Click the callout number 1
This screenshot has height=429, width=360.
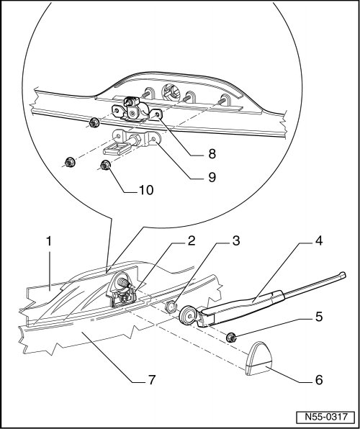(x=49, y=242)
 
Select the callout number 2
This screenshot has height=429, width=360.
(x=191, y=241)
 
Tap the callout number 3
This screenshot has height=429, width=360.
(x=236, y=241)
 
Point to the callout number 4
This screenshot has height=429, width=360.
(x=319, y=241)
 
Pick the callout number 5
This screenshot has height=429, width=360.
(x=319, y=317)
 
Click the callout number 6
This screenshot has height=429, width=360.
(x=319, y=380)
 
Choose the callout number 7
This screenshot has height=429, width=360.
(x=151, y=380)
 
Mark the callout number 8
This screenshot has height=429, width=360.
(x=212, y=155)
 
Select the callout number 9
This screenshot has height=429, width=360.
(x=212, y=178)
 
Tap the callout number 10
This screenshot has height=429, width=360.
(x=146, y=191)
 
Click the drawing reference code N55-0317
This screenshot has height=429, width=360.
(x=325, y=417)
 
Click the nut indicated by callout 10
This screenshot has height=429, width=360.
(x=105, y=166)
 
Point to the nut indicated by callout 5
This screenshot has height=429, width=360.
(x=232, y=338)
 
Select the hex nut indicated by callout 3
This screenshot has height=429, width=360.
(x=171, y=307)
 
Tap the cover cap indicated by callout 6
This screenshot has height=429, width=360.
(x=258, y=358)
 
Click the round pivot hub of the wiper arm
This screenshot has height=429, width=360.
(x=189, y=316)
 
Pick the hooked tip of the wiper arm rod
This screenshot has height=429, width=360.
(x=342, y=275)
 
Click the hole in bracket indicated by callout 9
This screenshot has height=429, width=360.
(x=153, y=140)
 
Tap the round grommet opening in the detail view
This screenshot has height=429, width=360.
(x=171, y=93)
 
